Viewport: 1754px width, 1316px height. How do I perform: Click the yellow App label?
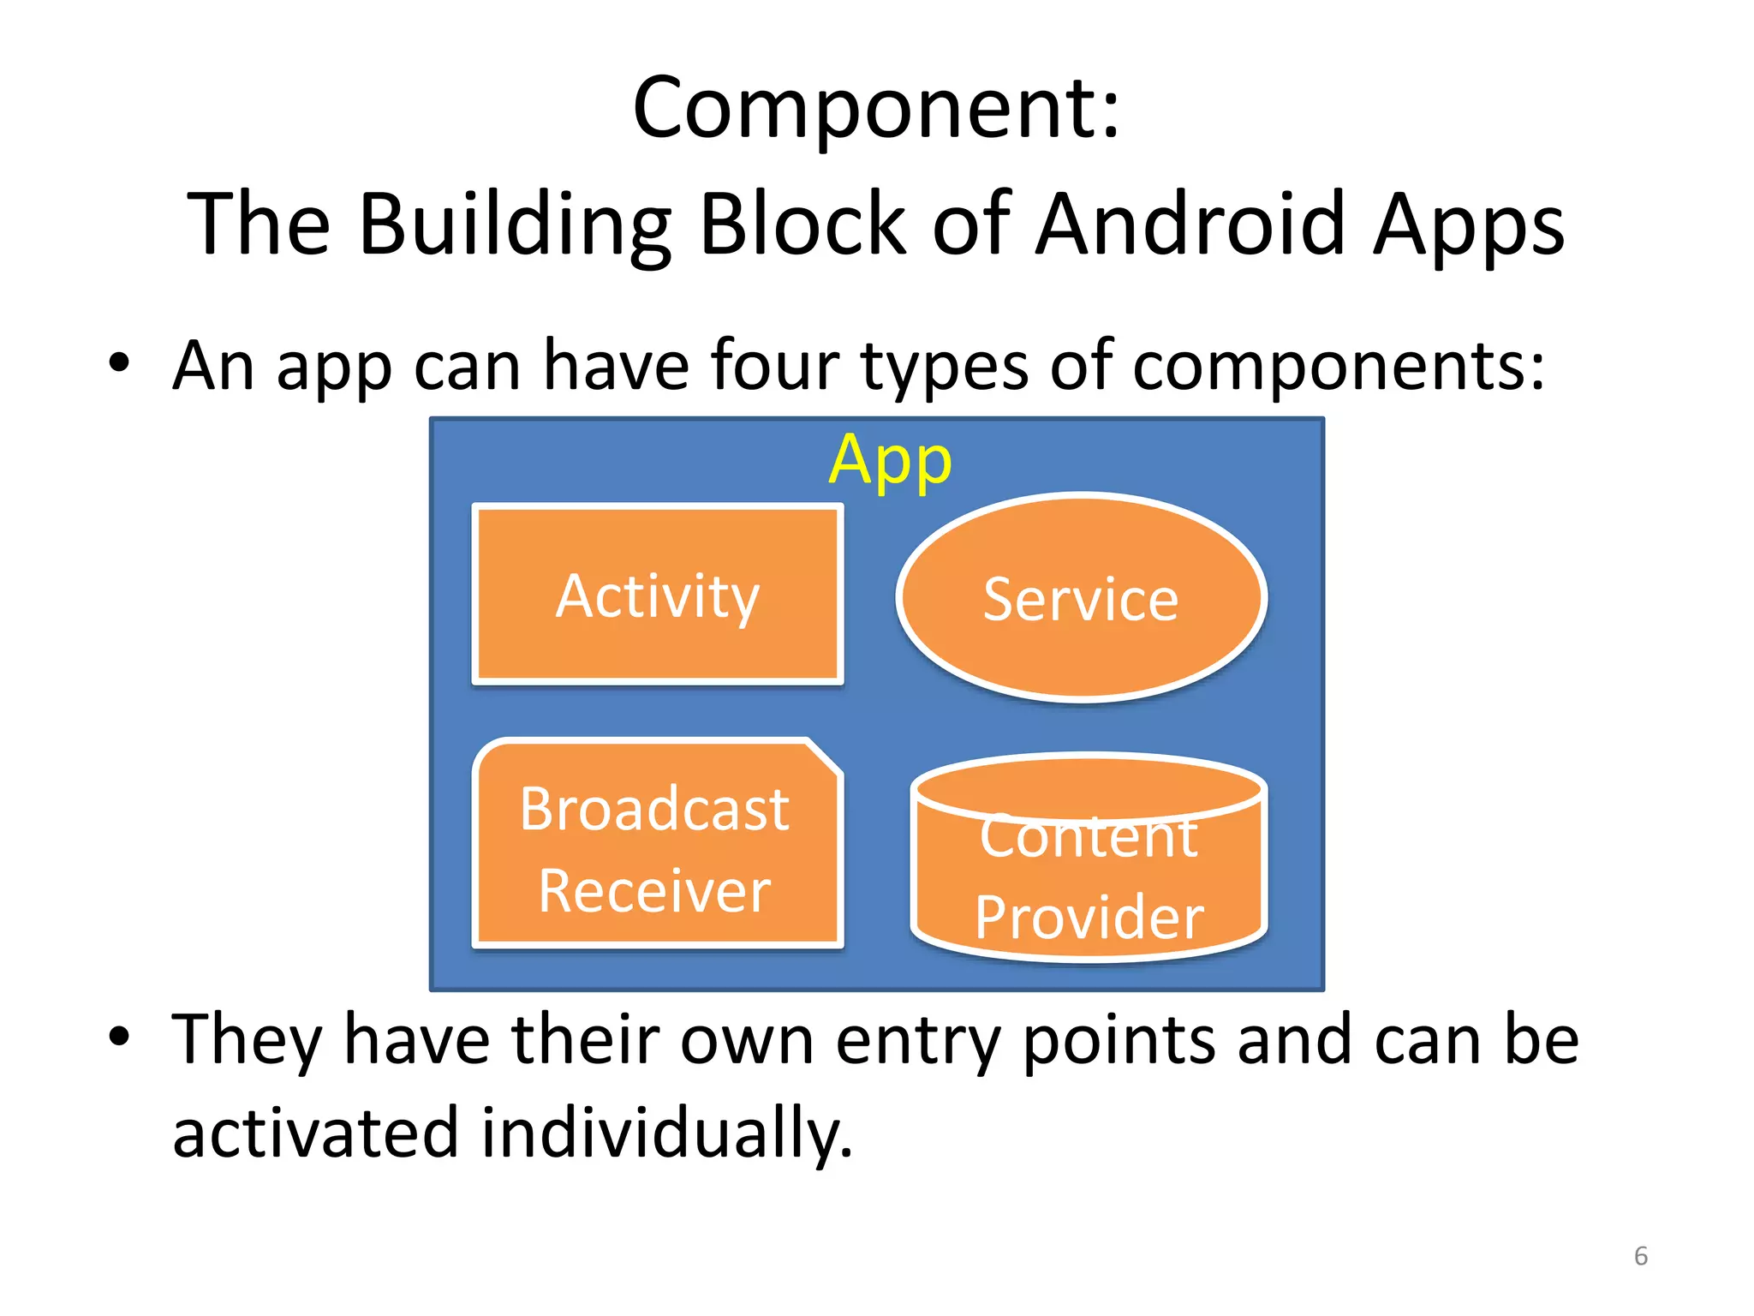pos(890,461)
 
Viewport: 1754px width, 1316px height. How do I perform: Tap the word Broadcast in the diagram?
pos(654,809)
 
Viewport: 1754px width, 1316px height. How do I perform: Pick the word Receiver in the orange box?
pos(654,891)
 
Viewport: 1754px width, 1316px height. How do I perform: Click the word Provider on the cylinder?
pos(1089,918)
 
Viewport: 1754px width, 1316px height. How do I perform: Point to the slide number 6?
pos(1640,1256)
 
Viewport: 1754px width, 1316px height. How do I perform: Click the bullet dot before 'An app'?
pos(119,363)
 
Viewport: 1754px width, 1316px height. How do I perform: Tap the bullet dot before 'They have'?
pos(119,1036)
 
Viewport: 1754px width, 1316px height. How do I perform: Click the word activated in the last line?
pos(315,1133)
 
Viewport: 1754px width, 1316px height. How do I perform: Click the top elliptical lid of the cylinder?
pos(1089,781)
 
